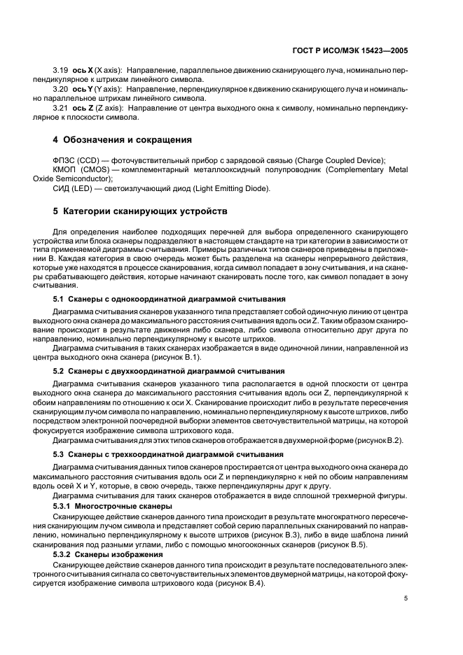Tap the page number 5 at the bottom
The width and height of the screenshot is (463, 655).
(405, 598)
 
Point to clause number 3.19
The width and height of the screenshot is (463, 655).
(62, 71)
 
